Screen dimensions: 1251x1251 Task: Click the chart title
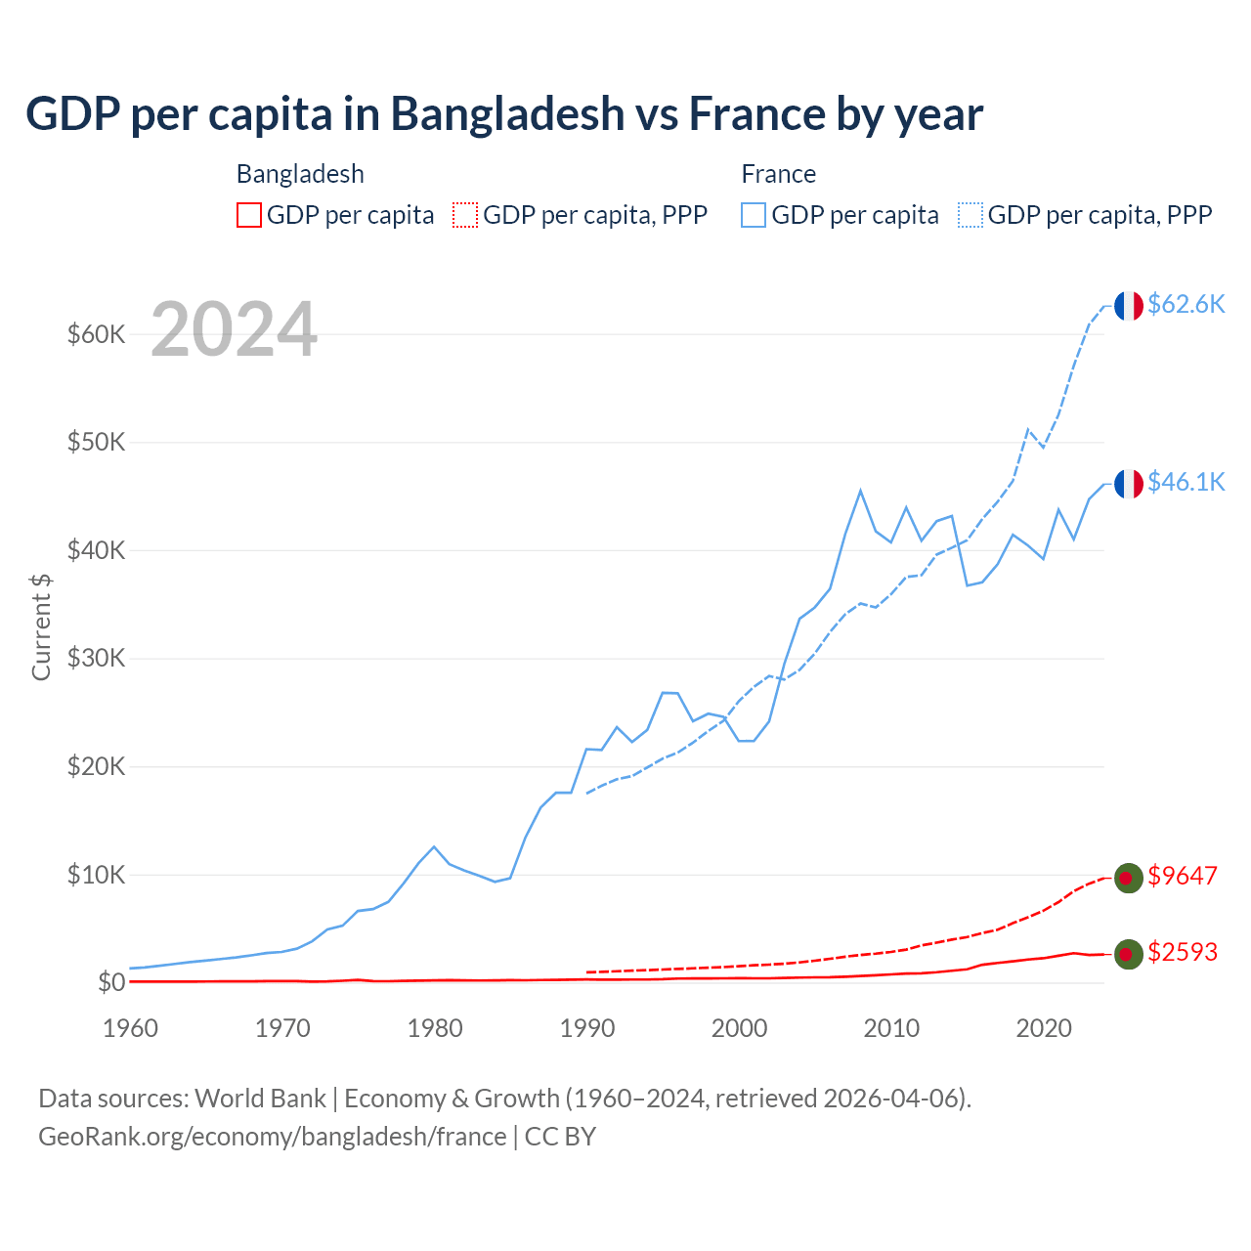click(503, 113)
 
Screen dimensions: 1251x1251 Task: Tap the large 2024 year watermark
click(235, 329)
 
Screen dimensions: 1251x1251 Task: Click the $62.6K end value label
click(1186, 304)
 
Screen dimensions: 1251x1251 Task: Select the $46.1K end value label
click(1186, 482)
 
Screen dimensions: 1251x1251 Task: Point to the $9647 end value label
click(1182, 876)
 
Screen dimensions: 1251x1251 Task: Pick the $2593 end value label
click(1182, 952)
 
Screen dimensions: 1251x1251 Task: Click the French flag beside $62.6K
click(1129, 306)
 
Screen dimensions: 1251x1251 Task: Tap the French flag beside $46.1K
click(1129, 484)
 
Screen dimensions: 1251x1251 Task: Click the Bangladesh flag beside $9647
click(1129, 878)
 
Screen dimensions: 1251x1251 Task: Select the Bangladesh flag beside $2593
click(1129, 954)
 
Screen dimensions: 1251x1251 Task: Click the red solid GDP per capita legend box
click(249, 215)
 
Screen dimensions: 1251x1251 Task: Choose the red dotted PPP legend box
click(465, 215)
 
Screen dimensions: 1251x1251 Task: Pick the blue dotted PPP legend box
click(971, 215)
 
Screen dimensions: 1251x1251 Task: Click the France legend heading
click(778, 174)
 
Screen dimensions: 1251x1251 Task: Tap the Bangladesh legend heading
click(300, 174)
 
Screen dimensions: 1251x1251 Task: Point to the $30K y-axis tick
click(97, 658)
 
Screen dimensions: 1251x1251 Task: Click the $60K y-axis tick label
click(97, 334)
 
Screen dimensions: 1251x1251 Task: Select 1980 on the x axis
click(435, 1028)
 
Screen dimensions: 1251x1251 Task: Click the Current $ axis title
click(41, 626)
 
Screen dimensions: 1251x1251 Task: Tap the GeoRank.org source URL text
click(272, 1137)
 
